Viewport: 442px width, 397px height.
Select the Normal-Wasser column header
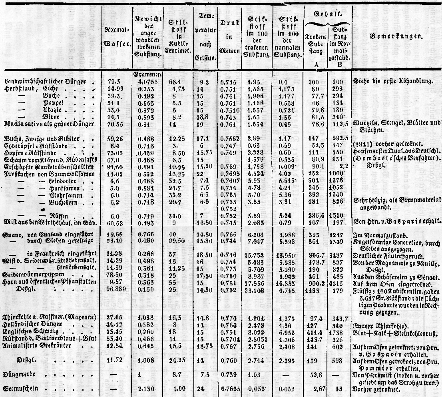[x=115, y=35]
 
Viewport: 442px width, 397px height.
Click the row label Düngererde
[x=20, y=375]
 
